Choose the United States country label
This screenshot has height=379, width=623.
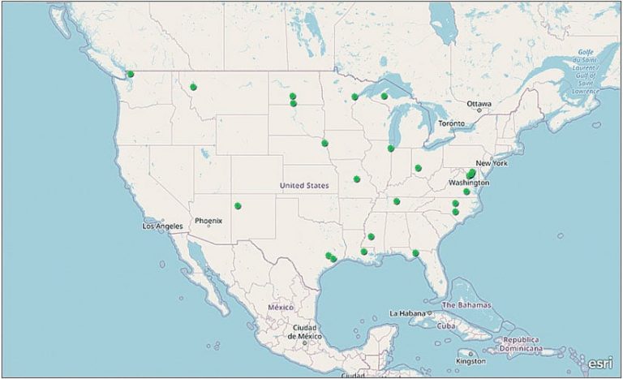click(x=304, y=186)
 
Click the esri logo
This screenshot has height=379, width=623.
click(x=600, y=363)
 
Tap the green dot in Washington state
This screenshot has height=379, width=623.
click(x=131, y=75)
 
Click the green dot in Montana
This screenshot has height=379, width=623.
click(x=194, y=87)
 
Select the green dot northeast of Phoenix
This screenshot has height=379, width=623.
click(x=238, y=205)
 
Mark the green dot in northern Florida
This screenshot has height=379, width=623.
click(x=415, y=253)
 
